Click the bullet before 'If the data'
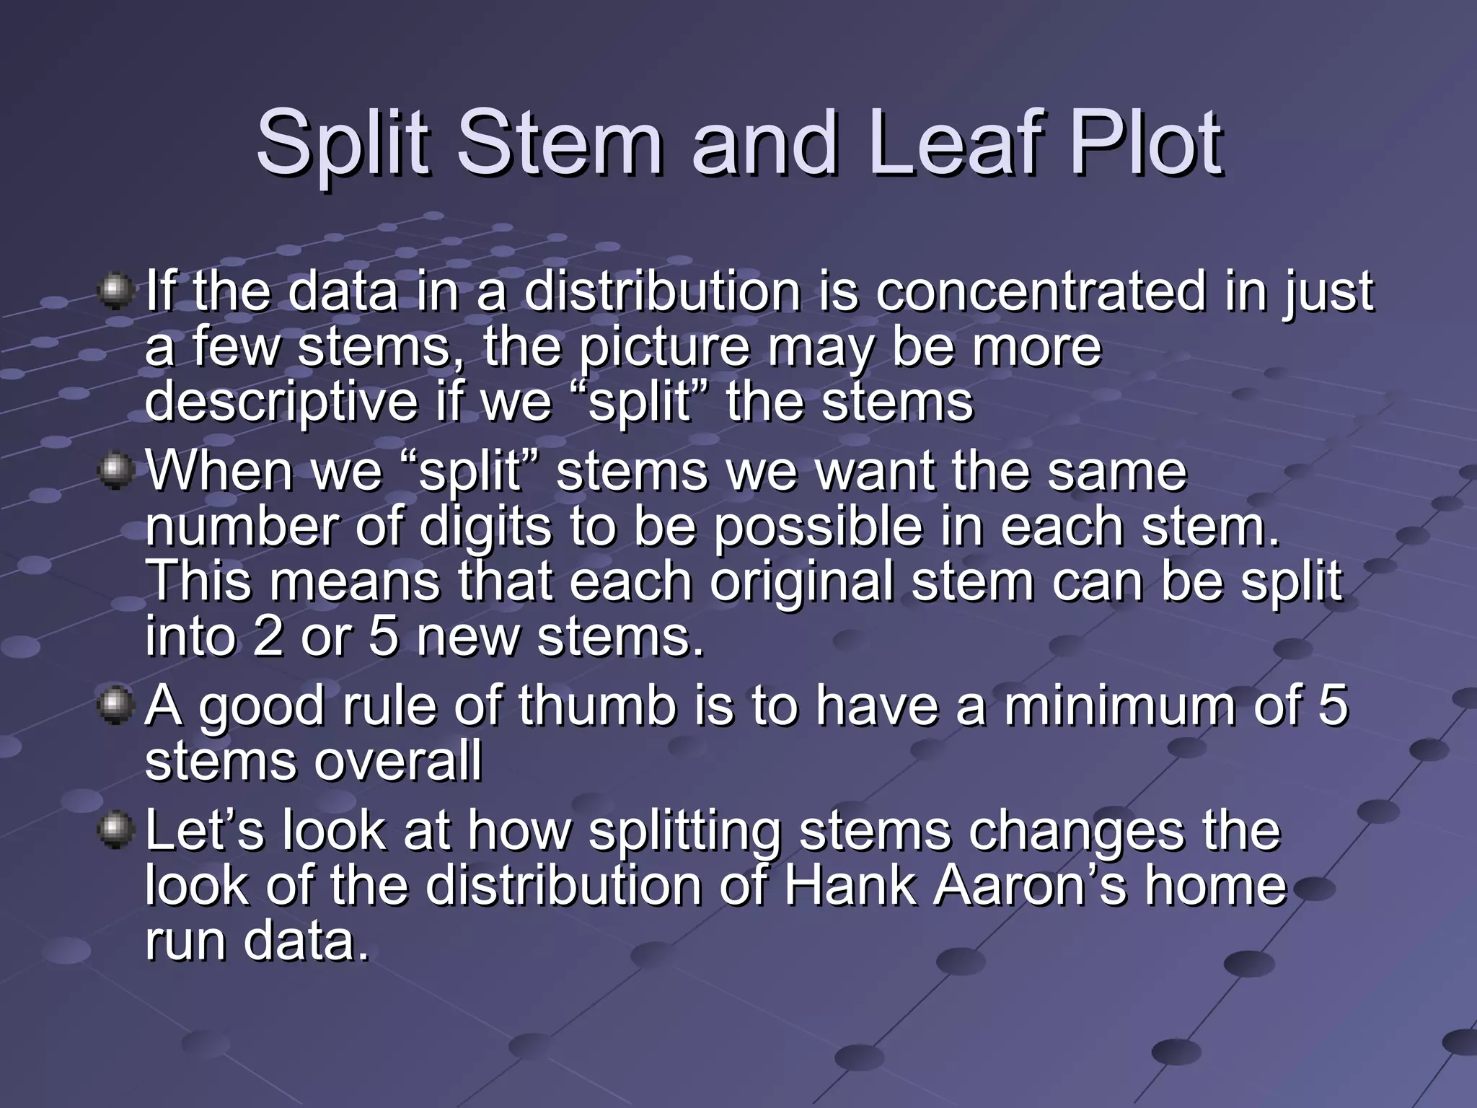[115, 292]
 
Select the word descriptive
[281, 402]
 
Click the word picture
[665, 348]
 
